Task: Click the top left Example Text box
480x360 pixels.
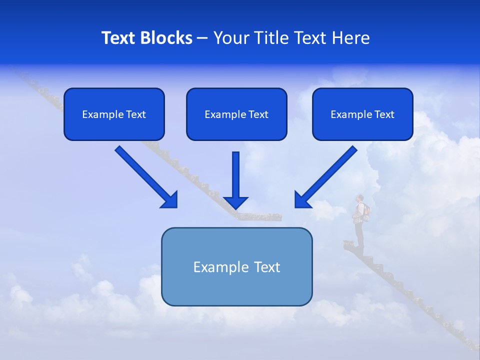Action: (x=114, y=114)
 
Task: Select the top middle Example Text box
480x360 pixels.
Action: (x=236, y=114)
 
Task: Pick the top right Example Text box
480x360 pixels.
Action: (x=362, y=114)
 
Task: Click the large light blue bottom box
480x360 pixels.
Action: (x=236, y=266)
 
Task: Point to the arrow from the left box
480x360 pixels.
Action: (x=145, y=176)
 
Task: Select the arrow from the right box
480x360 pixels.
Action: (x=327, y=176)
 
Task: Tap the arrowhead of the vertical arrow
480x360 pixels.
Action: (x=235, y=202)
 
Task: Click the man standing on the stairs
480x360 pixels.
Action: (x=359, y=220)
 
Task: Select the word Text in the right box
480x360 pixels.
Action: (x=384, y=114)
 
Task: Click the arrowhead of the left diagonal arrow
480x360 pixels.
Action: (x=169, y=200)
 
